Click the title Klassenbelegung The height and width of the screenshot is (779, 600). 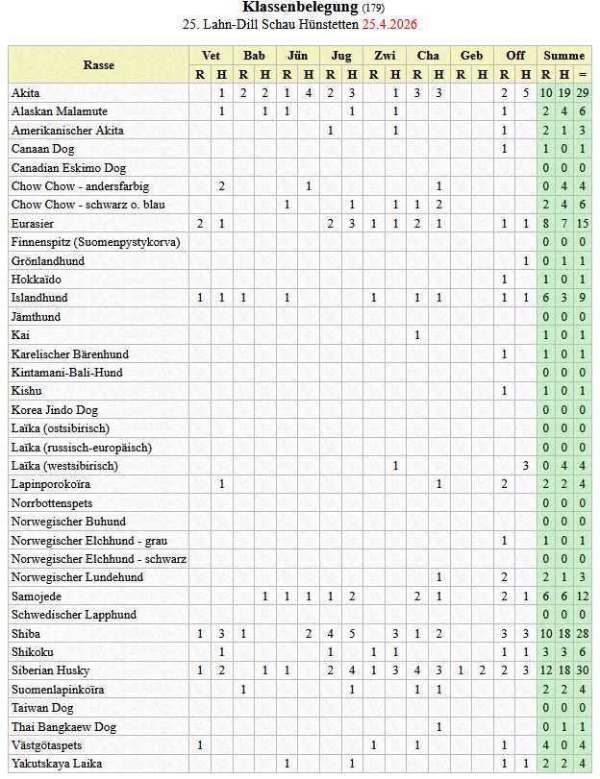300,7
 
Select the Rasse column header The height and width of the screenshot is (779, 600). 98,64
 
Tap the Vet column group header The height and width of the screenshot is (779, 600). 211,56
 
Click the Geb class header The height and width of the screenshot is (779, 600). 472,56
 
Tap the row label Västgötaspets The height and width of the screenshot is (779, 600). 46,745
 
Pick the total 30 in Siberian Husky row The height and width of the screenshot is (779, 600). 583,670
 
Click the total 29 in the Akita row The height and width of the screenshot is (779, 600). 583,93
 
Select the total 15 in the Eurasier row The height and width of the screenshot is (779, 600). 583,224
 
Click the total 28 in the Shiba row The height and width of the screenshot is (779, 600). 583,634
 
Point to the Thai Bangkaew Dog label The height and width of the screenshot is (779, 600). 63,727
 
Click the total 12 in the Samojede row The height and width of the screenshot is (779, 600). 583,596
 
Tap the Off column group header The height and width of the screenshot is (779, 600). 515,56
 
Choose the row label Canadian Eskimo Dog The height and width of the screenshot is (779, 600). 68,168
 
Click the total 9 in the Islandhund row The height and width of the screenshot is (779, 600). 583,298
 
